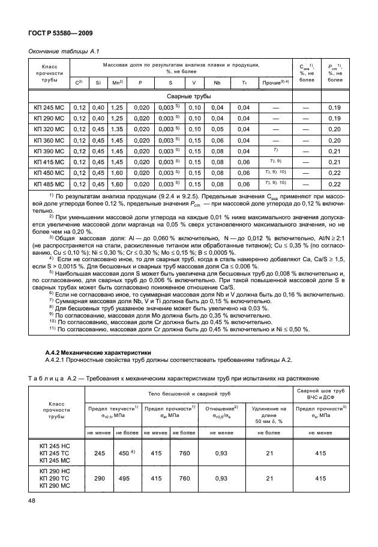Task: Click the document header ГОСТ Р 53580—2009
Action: [x=58, y=34]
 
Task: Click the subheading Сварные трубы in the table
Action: [x=188, y=96]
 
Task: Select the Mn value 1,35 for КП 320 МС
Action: [x=117, y=129]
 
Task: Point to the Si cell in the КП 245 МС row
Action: [x=98, y=107]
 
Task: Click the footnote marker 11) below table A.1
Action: [x=52, y=328]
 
